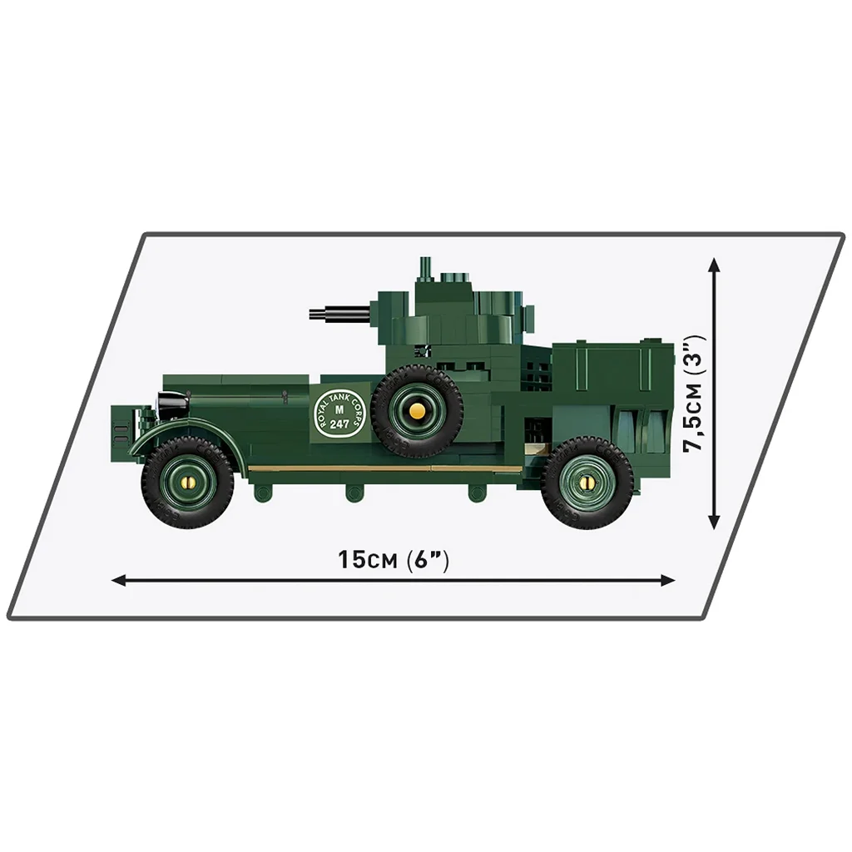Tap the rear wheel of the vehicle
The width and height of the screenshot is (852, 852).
[x=587, y=484]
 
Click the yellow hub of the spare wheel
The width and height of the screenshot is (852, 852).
[x=417, y=410]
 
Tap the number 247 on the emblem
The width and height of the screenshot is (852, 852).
[x=339, y=424]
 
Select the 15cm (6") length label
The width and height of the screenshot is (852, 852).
[x=394, y=560]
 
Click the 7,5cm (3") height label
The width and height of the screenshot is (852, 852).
[x=696, y=394]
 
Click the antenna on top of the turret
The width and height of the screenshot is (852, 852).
[x=425, y=268]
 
